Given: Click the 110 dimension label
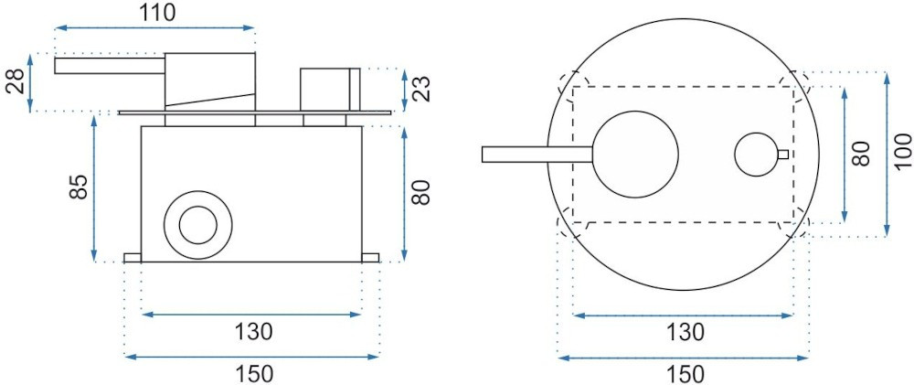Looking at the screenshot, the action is [x=157, y=12].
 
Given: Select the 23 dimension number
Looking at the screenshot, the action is [x=424, y=89].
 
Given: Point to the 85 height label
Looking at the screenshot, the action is [x=80, y=187].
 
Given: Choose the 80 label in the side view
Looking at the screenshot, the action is [x=420, y=192].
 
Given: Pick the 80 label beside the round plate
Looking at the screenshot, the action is [x=862, y=153].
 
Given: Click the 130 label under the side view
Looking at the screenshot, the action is [x=253, y=332].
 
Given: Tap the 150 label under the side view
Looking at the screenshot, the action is [x=253, y=373].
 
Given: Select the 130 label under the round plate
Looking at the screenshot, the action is [x=685, y=332].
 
